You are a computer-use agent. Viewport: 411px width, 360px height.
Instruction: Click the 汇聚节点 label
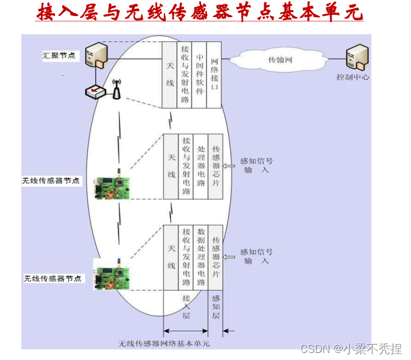(59, 56)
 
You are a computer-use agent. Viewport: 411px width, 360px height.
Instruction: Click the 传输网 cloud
(280, 60)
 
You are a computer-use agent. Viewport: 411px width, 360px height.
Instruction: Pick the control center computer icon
(358, 57)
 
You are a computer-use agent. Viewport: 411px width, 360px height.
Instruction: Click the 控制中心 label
(353, 77)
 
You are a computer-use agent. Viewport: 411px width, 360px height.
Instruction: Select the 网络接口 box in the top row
(214, 75)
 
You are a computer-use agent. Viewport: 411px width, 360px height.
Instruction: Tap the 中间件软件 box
(200, 75)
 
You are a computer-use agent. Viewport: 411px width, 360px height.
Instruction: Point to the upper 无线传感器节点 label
(51, 180)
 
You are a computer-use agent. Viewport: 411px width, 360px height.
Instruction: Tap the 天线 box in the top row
(170, 75)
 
